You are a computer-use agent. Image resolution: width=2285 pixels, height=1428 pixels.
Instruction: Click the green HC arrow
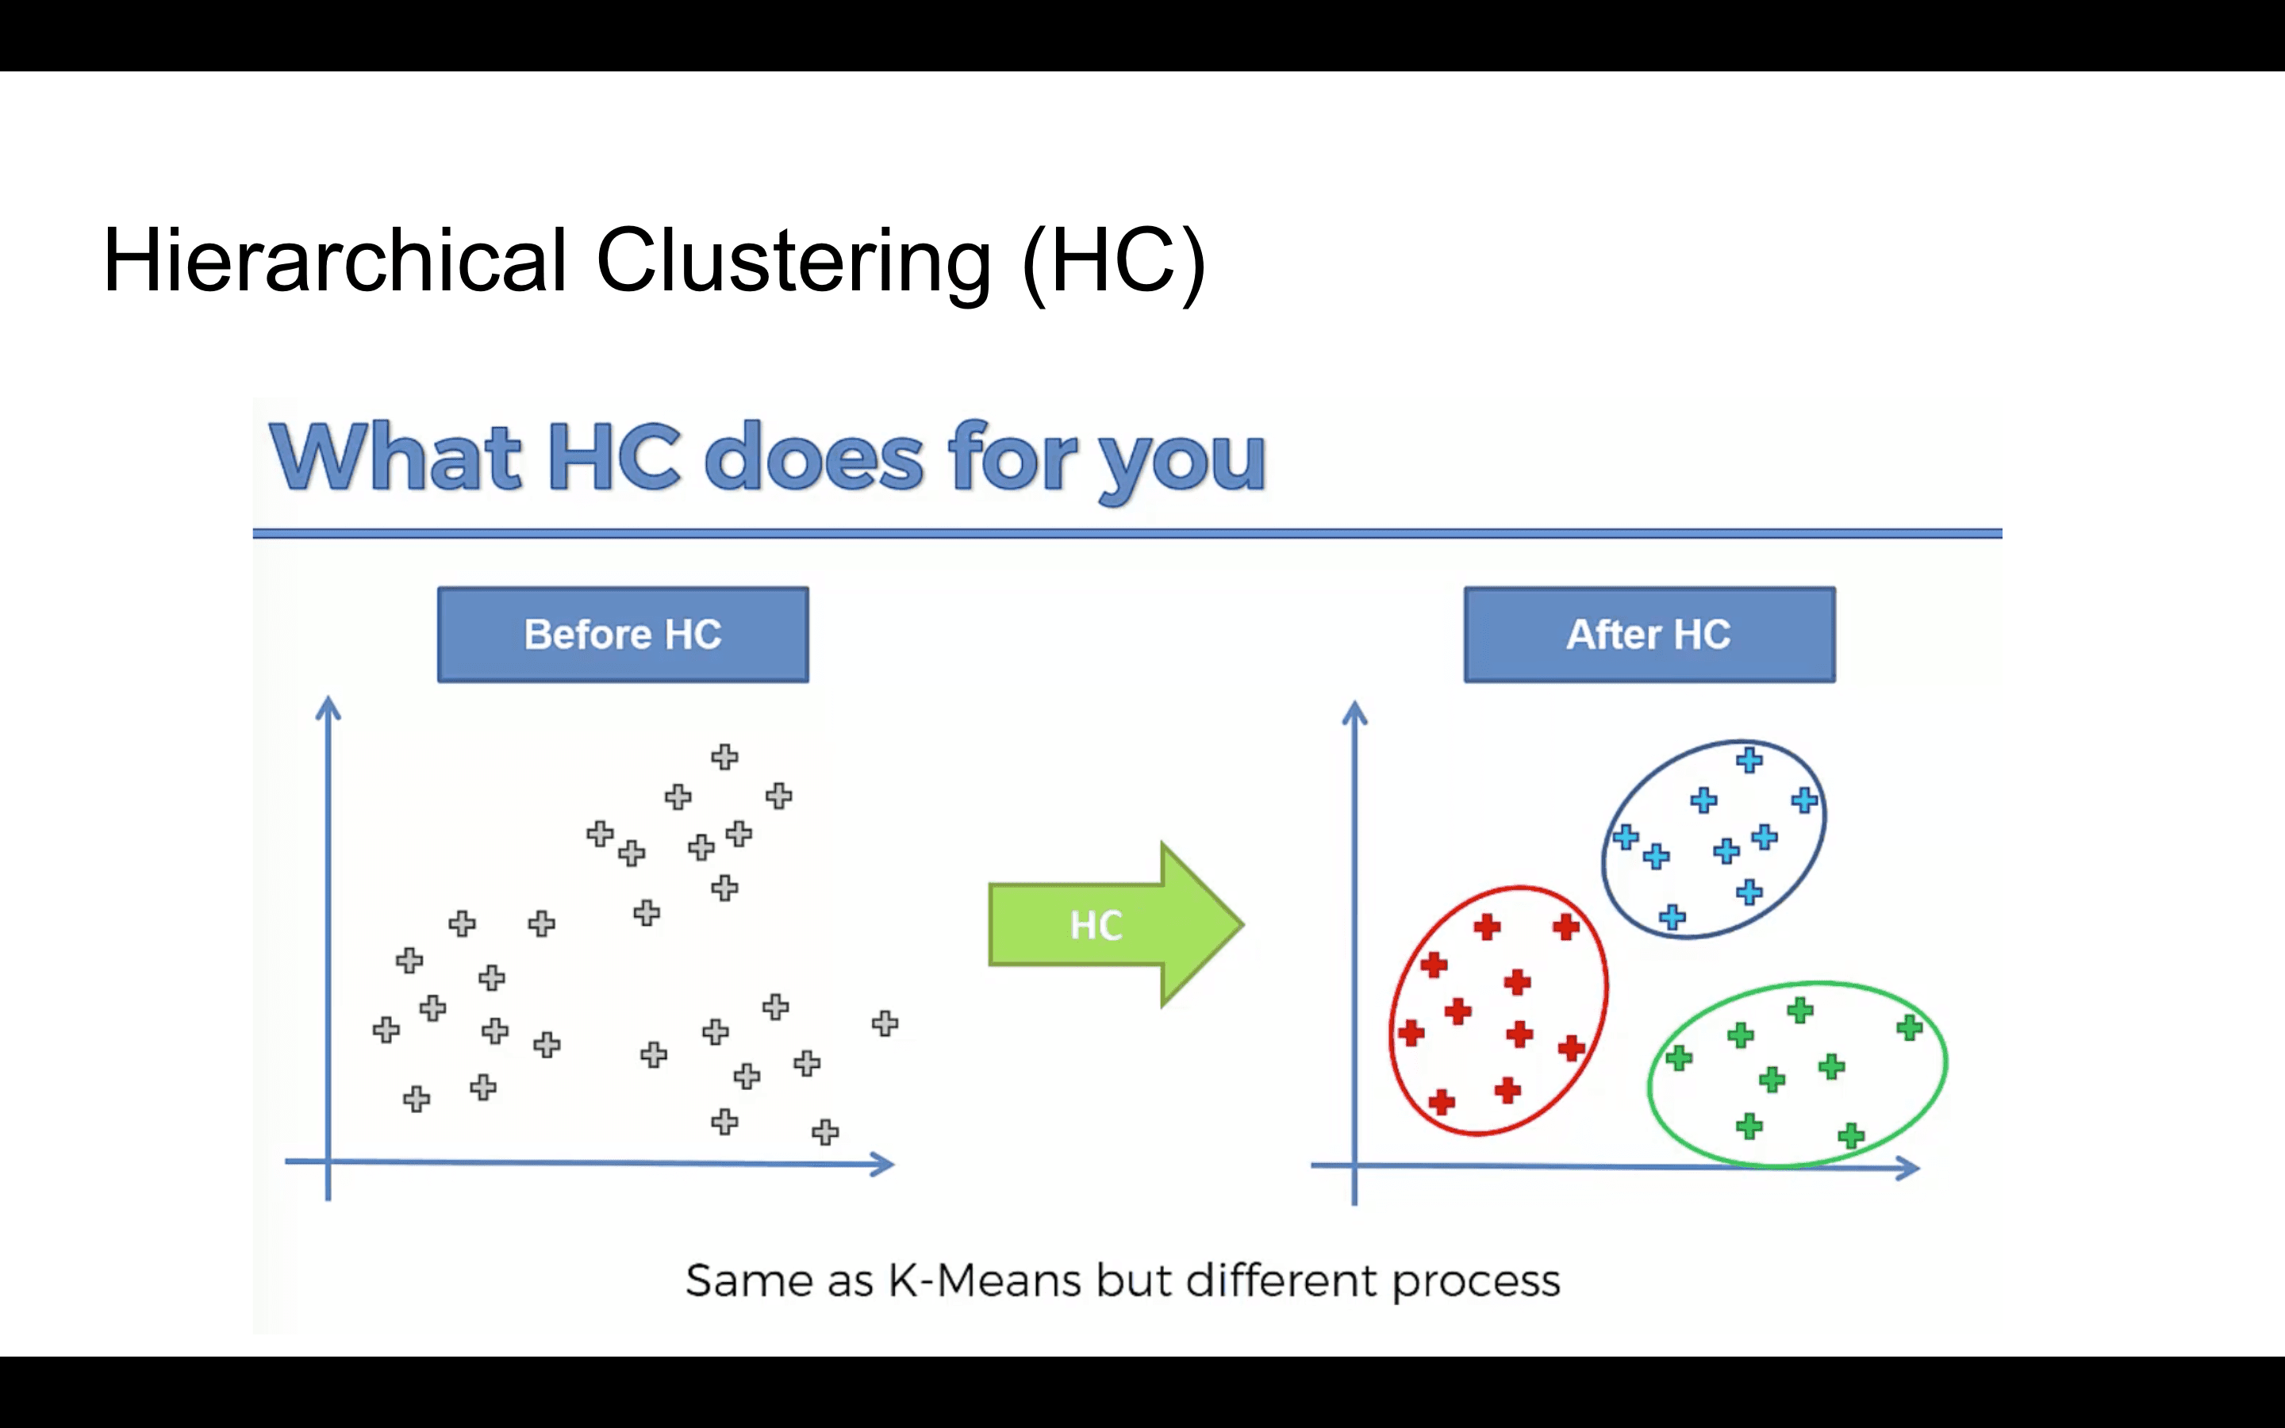pos(1114,924)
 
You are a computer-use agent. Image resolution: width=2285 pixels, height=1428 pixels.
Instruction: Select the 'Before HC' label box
pos(622,635)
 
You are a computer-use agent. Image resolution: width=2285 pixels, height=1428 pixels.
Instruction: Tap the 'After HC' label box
pos(1649,635)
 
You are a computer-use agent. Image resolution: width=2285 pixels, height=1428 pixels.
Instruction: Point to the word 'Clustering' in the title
pos(793,262)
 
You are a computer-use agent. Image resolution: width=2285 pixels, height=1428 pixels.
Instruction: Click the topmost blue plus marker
pos(1749,759)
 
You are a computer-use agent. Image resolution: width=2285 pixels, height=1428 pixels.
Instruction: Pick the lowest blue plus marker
pos(1671,917)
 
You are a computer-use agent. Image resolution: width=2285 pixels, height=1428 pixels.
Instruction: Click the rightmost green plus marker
pos(1909,1027)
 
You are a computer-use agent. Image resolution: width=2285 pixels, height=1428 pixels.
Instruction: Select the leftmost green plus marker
pos(1678,1058)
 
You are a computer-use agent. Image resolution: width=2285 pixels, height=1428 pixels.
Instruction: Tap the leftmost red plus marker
pos(1411,1032)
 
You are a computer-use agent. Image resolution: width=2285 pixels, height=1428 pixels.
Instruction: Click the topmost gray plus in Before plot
pos(724,757)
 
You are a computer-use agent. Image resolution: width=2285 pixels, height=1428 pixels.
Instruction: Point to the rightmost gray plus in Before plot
pos(885,1023)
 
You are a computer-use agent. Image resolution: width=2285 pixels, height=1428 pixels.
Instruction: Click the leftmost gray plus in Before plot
pos(386,1030)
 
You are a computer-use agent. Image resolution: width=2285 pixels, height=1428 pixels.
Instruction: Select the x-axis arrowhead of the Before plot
pos(883,1164)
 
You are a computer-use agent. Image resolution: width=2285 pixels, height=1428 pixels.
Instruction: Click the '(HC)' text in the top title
pos(1114,262)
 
